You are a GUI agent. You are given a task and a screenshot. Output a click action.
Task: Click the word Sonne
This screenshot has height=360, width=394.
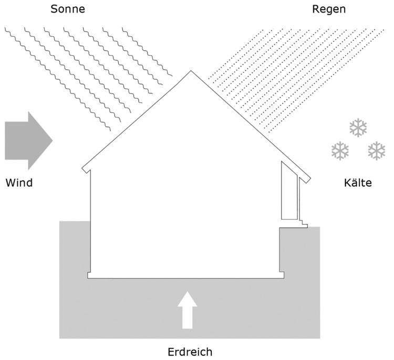point(67,9)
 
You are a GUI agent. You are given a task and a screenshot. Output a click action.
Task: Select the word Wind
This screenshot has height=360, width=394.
point(19,183)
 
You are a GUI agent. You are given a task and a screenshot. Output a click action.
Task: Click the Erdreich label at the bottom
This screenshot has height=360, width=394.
point(190,351)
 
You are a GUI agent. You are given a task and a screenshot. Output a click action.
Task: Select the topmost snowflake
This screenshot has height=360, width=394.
point(358,128)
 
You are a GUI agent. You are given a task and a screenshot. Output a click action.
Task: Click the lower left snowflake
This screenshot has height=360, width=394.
point(340,151)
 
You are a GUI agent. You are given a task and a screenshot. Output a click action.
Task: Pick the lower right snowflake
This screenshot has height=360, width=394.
point(376,151)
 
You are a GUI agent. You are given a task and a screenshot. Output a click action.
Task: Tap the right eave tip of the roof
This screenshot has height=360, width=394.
point(308,177)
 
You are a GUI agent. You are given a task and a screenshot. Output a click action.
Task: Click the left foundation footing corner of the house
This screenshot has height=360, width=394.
point(89,275)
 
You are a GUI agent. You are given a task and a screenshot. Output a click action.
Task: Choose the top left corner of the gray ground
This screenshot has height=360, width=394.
point(60,222)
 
